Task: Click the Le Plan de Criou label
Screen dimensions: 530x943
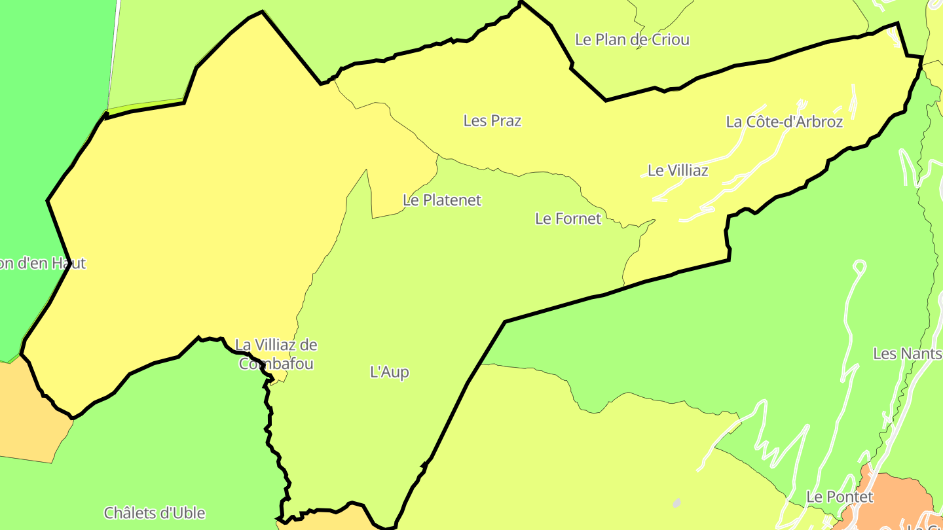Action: click(x=632, y=39)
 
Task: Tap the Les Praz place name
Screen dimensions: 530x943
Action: click(x=492, y=120)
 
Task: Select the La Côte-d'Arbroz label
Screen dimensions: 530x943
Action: click(x=784, y=122)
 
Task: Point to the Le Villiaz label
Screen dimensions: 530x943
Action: click(x=678, y=171)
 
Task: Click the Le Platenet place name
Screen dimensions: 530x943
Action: click(x=442, y=200)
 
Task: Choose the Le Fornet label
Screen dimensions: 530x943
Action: click(x=568, y=219)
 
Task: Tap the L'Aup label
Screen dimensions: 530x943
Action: click(x=390, y=372)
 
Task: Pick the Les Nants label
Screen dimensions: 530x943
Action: click(x=907, y=354)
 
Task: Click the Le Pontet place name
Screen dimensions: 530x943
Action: click(x=840, y=497)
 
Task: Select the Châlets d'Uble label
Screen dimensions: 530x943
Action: click(x=155, y=513)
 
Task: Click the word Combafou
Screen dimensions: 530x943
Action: click(x=276, y=364)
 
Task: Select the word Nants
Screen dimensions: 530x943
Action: click(x=920, y=354)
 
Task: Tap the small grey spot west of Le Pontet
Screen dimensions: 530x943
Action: click(x=676, y=503)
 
